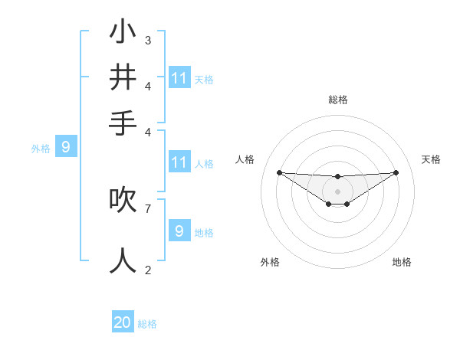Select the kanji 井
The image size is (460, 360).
click(x=123, y=77)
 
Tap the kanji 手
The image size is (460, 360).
click(x=123, y=123)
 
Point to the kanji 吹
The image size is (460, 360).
click(x=123, y=200)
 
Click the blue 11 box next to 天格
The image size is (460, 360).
click(x=179, y=78)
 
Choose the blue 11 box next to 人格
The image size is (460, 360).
click(x=179, y=162)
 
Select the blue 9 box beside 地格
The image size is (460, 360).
click(x=179, y=231)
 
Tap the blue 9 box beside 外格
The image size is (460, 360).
click(x=66, y=148)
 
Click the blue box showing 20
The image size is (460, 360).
click(x=123, y=322)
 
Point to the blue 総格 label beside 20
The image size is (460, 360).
click(x=147, y=324)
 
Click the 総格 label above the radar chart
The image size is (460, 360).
click(x=337, y=100)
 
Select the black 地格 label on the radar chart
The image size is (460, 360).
click(x=402, y=262)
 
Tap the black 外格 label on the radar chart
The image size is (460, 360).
click(x=270, y=262)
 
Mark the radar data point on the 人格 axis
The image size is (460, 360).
click(x=279, y=172)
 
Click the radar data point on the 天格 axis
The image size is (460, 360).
click(x=396, y=172)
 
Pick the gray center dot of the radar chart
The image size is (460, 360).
click(x=337, y=191)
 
